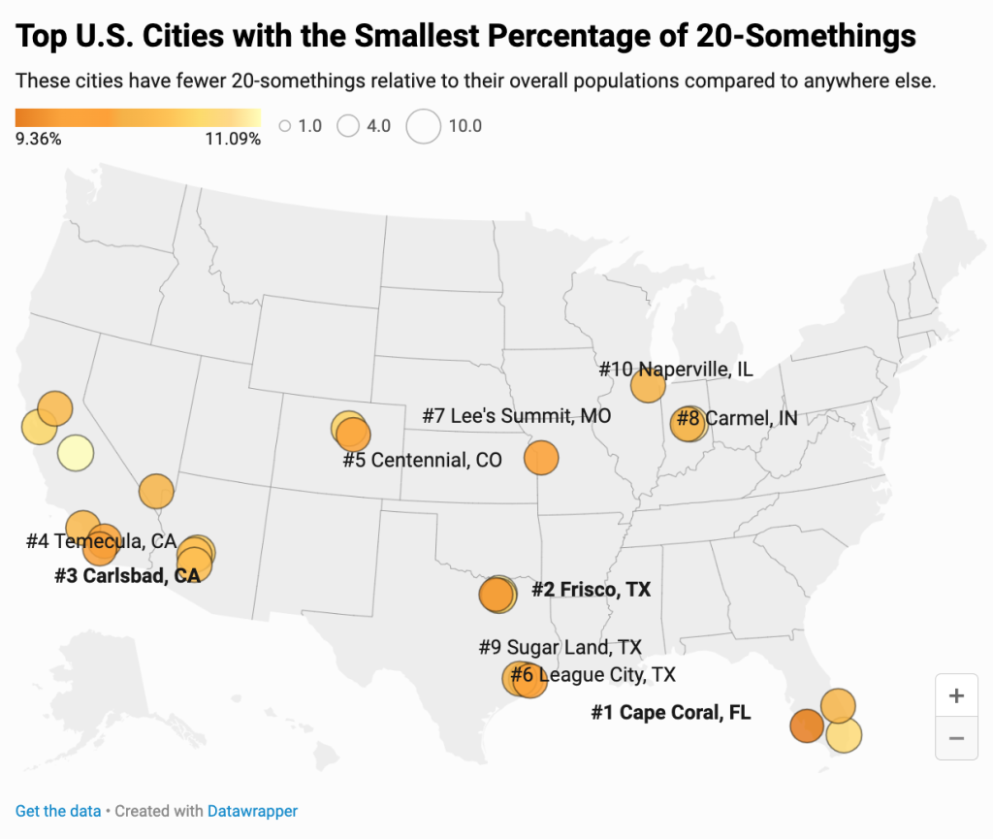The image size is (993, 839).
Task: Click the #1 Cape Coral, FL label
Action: pos(671,713)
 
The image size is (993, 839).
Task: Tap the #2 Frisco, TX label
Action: pos(591,590)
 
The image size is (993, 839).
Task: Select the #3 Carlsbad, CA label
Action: pos(127,576)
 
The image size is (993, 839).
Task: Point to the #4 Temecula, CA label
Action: pos(101,541)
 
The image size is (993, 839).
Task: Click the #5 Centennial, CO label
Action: pos(422,460)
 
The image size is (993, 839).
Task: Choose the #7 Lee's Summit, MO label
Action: pos(516,416)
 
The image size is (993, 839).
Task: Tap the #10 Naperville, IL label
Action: pos(676,370)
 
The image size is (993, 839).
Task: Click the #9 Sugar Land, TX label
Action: pos(560,646)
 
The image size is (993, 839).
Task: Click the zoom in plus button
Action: pos(956,695)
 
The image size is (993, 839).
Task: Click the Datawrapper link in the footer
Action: pos(252,811)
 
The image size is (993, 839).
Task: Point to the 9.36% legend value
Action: pos(39,139)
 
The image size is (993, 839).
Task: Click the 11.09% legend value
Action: pos(233,139)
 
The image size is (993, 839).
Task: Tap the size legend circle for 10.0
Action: pos(423,126)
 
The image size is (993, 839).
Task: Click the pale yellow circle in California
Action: pos(75,452)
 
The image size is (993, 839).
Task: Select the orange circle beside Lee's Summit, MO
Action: pos(542,456)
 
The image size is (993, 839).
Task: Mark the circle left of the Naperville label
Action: pos(648,386)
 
